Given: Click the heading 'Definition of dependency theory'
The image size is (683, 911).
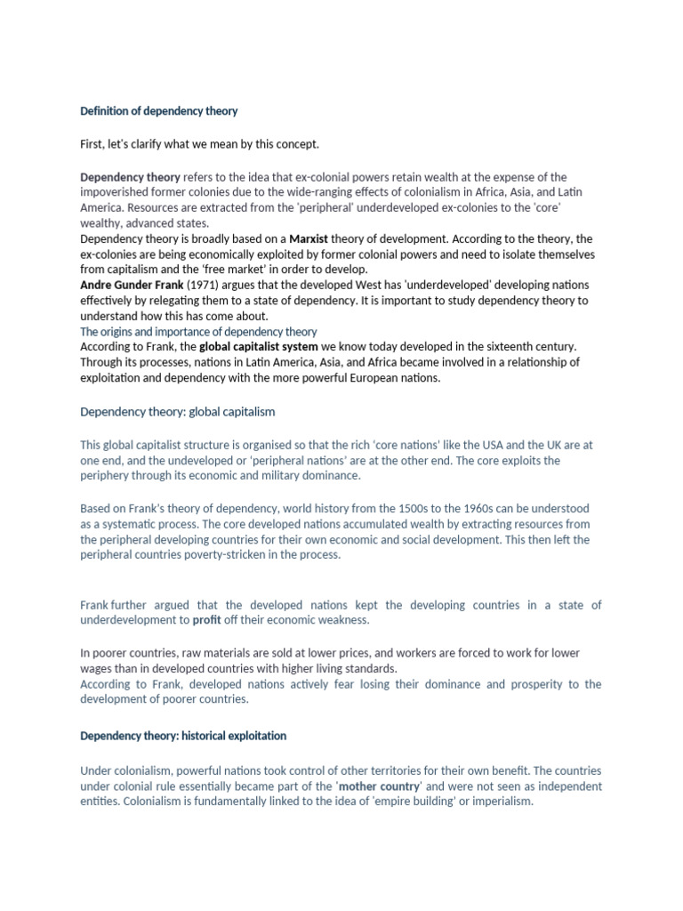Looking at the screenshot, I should coord(159,111).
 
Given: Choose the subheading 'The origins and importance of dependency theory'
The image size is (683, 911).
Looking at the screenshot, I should coord(198,331).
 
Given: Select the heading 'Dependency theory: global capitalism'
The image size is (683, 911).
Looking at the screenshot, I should coord(178,412).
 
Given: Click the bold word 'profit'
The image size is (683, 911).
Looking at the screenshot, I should coord(206,620).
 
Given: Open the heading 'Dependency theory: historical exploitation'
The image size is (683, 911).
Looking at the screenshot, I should coord(183,737).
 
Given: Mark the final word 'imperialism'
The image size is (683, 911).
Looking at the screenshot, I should coord(503,802).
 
